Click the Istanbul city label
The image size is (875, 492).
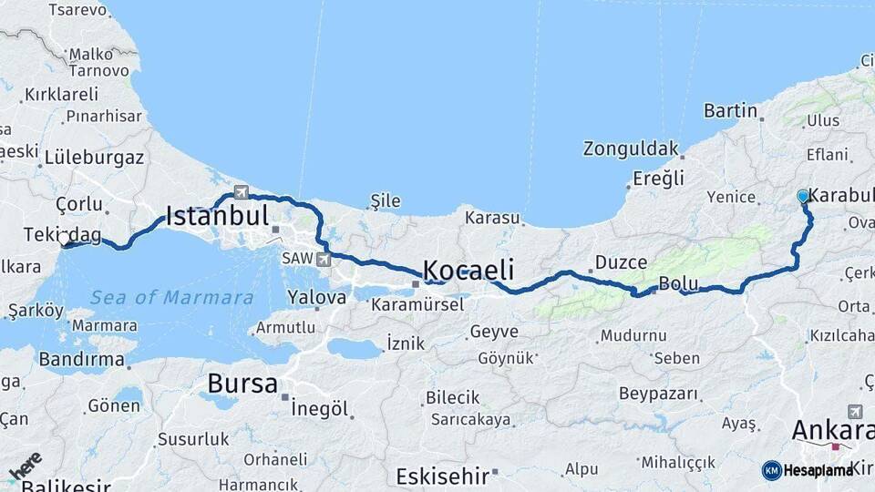click(x=217, y=217)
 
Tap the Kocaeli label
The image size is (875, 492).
click(x=468, y=271)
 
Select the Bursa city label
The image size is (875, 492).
click(x=242, y=384)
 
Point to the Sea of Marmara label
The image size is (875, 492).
click(x=172, y=298)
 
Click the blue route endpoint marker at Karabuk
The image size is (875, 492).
click(x=803, y=196)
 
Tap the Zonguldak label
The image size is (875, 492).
click(x=632, y=149)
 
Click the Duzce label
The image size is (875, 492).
click(x=621, y=262)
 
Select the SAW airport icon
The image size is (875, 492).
click(x=323, y=260)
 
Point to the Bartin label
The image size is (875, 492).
click(x=730, y=111)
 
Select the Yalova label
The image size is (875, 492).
click(x=316, y=297)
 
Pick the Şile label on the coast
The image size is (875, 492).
click(x=386, y=200)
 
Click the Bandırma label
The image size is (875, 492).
click(x=81, y=360)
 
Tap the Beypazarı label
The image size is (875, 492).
click(x=659, y=395)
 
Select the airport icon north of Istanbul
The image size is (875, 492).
click(x=242, y=192)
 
